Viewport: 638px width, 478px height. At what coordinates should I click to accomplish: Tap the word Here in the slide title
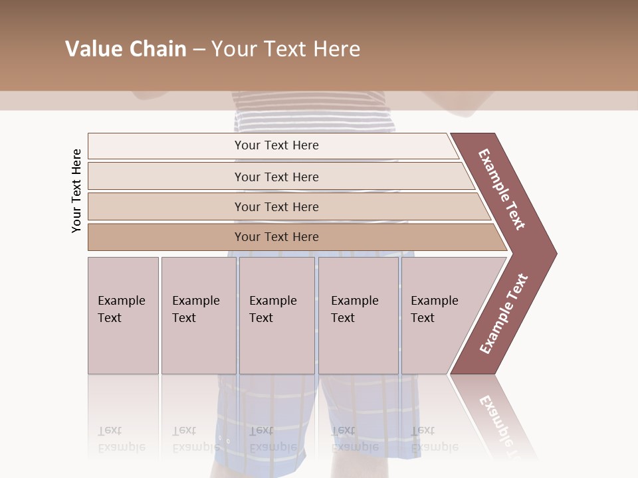pos(336,49)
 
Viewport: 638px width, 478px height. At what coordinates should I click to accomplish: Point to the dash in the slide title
pos(199,50)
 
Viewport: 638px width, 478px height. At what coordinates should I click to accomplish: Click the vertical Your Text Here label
pos(76,191)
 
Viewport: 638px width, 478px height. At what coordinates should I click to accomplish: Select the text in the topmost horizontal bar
pos(276,145)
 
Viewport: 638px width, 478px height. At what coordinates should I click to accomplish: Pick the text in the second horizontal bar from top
pos(276,177)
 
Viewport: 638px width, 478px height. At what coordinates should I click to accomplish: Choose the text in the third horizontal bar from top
pos(276,207)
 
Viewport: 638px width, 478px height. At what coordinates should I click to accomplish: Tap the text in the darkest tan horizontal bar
pos(276,237)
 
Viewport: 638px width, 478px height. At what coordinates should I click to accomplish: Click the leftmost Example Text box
pos(122,309)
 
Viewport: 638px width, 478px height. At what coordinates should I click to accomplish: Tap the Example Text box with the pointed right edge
pos(435,309)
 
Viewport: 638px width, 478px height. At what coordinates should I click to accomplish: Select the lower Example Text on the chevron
pos(504,314)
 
